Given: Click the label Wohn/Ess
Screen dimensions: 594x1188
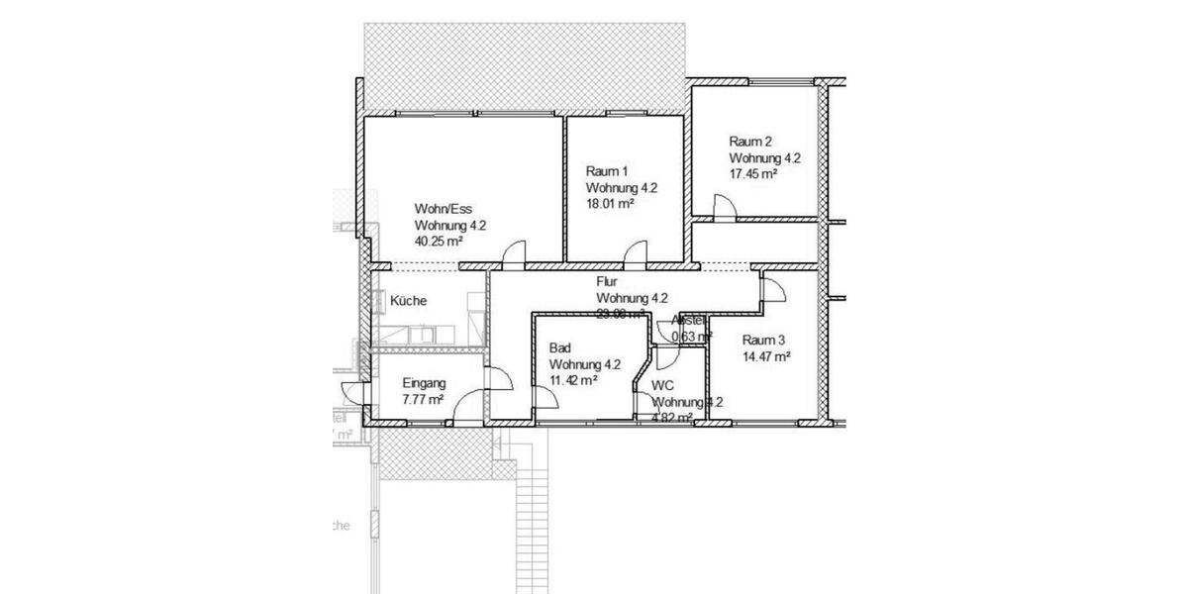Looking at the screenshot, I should click(x=445, y=209).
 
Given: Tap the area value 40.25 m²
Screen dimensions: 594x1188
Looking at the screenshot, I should click(x=440, y=241).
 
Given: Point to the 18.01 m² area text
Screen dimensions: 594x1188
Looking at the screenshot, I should click(x=610, y=203).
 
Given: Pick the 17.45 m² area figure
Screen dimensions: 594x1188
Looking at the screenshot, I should click(x=753, y=173).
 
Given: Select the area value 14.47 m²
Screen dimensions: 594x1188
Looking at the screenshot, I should click(x=766, y=355).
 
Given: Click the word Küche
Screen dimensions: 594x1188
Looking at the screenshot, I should click(x=409, y=301).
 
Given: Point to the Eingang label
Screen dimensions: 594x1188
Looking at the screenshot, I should click(x=424, y=383).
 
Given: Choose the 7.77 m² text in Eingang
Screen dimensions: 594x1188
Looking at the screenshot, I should click(x=422, y=399).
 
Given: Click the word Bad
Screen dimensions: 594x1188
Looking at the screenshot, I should click(x=560, y=347).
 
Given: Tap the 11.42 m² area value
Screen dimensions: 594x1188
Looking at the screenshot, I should click(x=573, y=379).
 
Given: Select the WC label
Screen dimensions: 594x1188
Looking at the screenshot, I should click(x=662, y=385).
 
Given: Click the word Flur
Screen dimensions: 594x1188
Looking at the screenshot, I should click(x=608, y=282).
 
